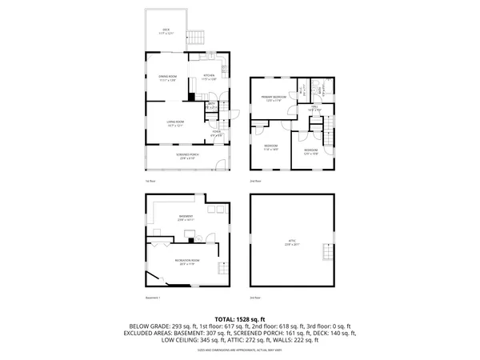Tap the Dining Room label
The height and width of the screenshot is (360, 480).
click(x=166, y=78)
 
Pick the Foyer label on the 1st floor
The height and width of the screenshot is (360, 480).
click(x=216, y=134)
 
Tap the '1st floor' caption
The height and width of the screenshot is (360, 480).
click(x=150, y=182)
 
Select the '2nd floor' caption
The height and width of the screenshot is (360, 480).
click(x=256, y=182)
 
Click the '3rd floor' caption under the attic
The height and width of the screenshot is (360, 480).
click(x=255, y=298)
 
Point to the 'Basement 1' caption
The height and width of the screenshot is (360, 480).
click(x=153, y=298)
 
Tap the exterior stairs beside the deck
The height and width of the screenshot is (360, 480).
click(x=197, y=38)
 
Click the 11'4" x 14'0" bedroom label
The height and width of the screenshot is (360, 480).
click(x=270, y=148)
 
